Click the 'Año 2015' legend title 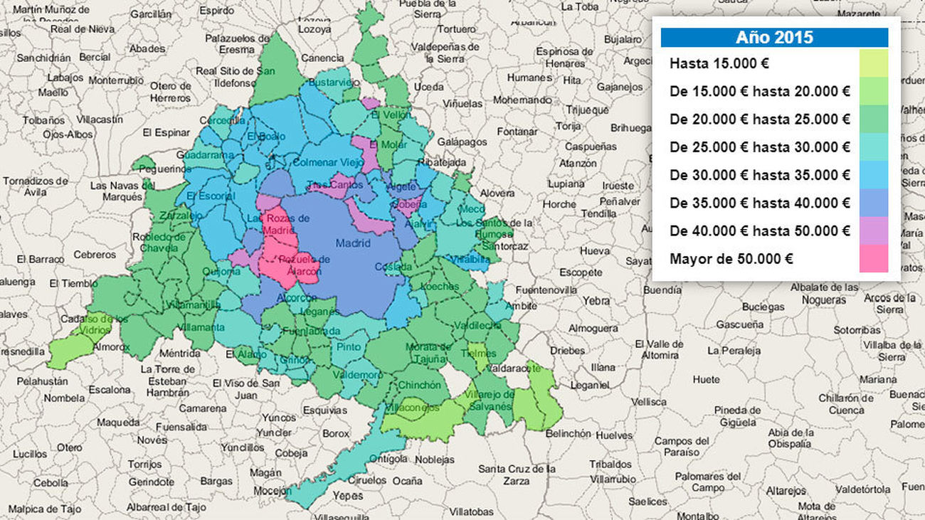(x=774, y=38)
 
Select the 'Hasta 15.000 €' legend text (x=719, y=63)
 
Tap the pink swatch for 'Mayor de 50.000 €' (x=873, y=259)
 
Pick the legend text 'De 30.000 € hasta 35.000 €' (x=759, y=175)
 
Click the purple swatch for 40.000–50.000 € (x=873, y=231)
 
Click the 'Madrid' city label (x=353, y=243)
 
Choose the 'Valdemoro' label (x=357, y=375)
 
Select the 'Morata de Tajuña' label (x=428, y=351)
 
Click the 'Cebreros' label (x=95, y=255)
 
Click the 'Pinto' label (x=349, y=346)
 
